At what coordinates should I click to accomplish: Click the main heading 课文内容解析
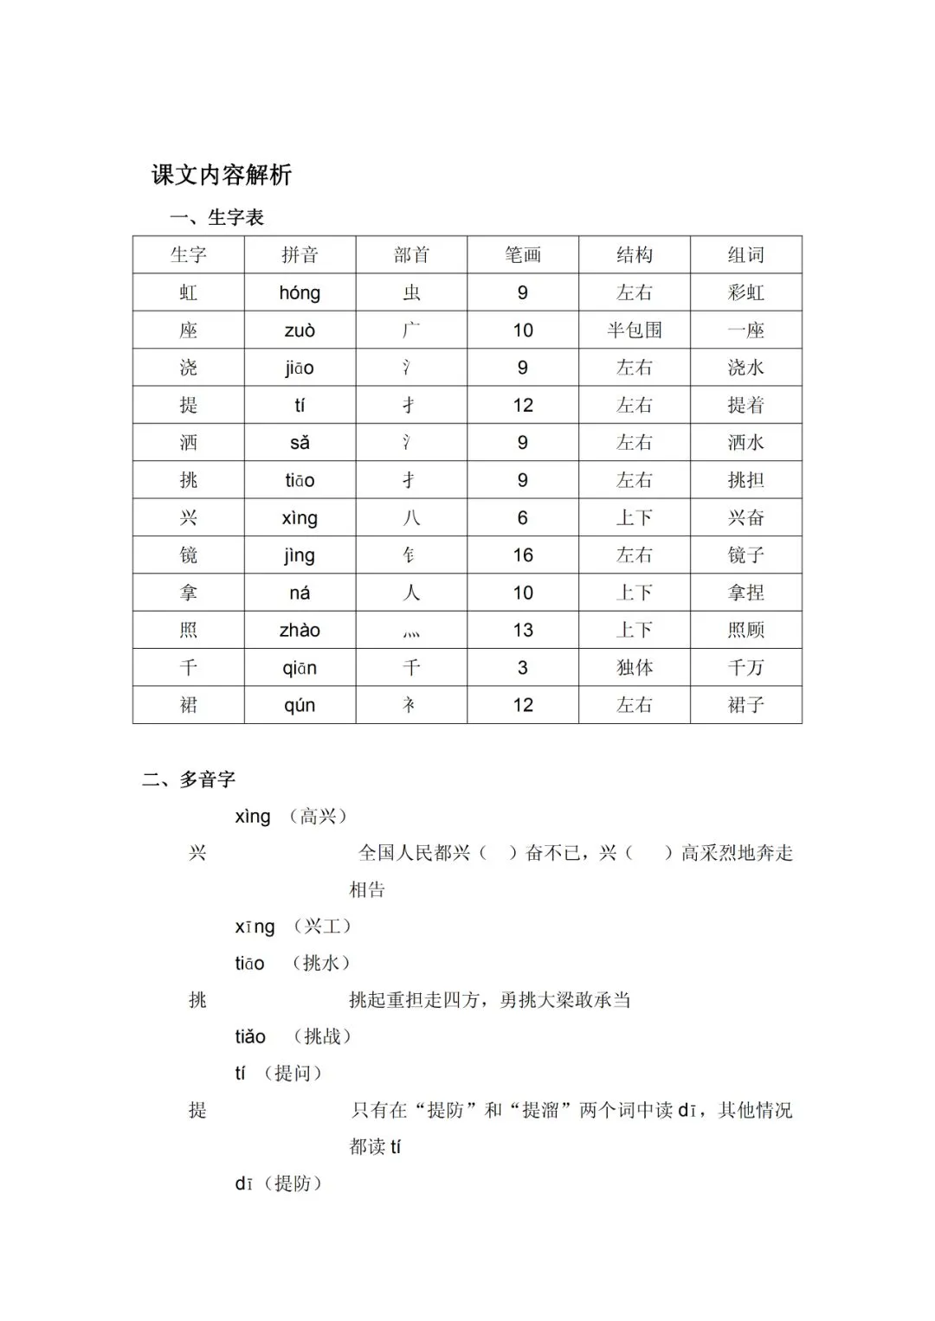(222, 175)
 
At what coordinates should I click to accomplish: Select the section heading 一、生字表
(216, 217)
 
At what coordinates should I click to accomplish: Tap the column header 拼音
(300, 255)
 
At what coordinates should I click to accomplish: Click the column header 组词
(745, 255)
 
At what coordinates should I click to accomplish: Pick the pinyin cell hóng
(300, 292)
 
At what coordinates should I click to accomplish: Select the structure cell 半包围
(634, 330)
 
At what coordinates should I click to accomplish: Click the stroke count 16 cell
(522, 555)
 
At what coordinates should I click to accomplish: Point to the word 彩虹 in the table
(745, 292)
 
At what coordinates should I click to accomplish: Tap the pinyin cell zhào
(300, 631)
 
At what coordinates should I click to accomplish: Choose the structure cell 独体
(634, 668)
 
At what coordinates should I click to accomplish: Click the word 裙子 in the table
(745, 705)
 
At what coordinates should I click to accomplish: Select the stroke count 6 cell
(522, 518)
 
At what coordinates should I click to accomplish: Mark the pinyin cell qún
(300, 706)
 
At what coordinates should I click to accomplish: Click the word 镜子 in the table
(745, 555)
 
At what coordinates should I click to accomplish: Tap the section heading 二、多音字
(189, 779)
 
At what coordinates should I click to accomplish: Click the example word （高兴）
(319, 817)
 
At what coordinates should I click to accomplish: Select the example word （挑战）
(322, 1036)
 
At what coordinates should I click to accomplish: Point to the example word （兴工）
(322, 927)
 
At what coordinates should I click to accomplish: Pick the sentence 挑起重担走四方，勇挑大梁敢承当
(489, 1000)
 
